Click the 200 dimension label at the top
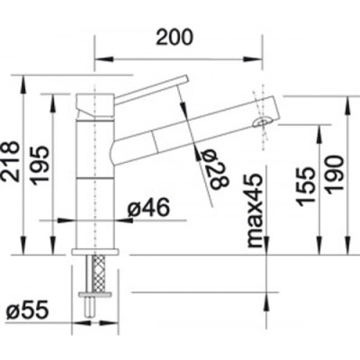175,38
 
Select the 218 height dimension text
11,162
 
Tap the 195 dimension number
40,166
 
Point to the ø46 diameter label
148,208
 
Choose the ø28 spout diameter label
214,169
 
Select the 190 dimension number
334,175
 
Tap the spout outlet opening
262,122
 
